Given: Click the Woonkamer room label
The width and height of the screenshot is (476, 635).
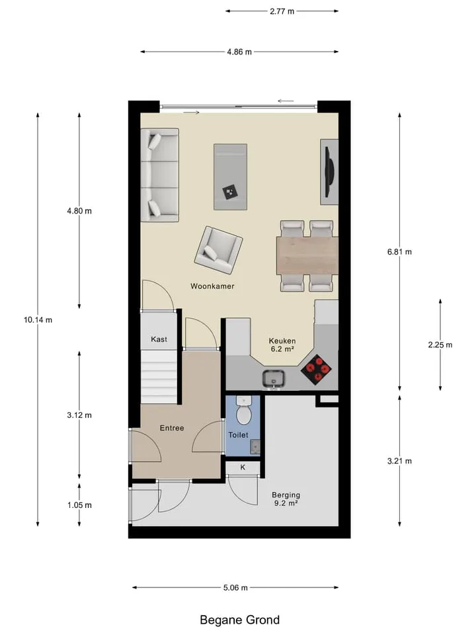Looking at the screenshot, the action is (x=212, y=286).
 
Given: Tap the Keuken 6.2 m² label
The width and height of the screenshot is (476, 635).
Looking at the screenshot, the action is (x=282, y=345).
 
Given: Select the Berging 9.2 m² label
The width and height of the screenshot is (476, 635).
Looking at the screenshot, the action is (x=286, y=499).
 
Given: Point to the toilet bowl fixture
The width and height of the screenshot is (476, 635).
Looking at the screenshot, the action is (x=244, y=411).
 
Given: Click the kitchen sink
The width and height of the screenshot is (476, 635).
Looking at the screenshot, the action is (x=274, y=378).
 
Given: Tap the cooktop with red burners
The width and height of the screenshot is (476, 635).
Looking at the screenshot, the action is (x=316, y=369).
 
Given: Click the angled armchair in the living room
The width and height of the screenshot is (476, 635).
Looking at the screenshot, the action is (x=219, y=250).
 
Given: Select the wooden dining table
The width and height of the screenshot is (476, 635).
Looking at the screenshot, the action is (x=307, y=255).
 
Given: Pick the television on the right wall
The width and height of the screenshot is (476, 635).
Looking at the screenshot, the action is (x=330, y=172).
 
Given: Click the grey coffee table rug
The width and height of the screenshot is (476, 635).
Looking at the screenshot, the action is (x=230, y=177).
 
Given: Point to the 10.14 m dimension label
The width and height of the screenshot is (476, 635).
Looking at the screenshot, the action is (x=38, y=320).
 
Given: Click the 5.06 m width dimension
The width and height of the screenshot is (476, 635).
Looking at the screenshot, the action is (x=235, y=587).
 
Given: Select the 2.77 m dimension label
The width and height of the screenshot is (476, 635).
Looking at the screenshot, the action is (x=282, y=11).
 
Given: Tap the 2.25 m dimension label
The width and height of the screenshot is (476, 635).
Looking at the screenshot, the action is (x=440, y=345).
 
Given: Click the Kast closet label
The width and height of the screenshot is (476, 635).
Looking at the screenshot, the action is (x=159, y=339).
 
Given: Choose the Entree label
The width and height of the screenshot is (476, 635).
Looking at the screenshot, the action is (x=172, y=428).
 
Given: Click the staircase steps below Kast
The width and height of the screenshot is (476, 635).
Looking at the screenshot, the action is (x=159, y=376).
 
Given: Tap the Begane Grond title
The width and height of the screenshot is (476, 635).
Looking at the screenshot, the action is (x=239, y=620).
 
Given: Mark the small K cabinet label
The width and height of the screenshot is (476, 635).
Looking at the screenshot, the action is (x=243, y=468).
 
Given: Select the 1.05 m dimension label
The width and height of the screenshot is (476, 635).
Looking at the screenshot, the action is (x=79, y=505).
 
